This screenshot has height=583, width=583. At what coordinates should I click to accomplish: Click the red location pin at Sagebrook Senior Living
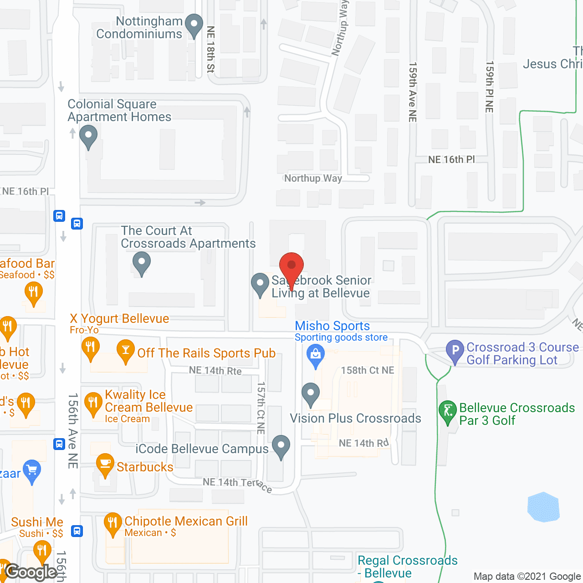(x=291, y=266)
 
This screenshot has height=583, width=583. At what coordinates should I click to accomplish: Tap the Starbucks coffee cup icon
(x=105, y=464)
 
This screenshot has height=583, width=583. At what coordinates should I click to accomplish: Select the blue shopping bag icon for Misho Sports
(x=315, y=354)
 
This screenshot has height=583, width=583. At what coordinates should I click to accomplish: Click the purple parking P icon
(x=455, y=351)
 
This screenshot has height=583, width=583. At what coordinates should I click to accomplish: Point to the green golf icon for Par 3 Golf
(x=448, y=411)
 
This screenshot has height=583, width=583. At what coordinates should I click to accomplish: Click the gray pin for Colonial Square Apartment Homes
(x=88, y=136)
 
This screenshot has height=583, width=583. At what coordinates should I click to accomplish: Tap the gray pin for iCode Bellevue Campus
(x=281, y=446)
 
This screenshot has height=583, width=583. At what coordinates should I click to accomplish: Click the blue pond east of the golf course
(x=543, y=507)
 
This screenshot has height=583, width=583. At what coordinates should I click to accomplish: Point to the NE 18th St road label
(x=210, y=49)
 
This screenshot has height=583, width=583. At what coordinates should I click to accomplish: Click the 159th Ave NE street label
(x=413, y=92)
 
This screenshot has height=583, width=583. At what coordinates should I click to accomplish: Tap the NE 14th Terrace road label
(x=237, y=484)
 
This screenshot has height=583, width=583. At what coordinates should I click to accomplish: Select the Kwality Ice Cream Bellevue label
(x=148, y=401)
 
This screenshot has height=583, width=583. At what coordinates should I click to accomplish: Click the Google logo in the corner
(x=31, y=572)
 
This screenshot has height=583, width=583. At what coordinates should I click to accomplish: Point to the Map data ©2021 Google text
(x=527, y=577)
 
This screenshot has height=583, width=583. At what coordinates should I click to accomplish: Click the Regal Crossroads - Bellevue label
(x=407, y=567)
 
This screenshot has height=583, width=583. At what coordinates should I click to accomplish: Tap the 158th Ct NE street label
(x=368, y=370)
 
